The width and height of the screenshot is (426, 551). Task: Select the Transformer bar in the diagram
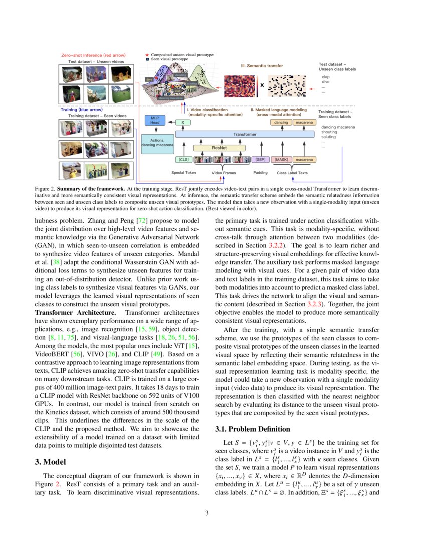click(244, 134)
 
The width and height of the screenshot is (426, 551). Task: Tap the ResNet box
click(219, 148)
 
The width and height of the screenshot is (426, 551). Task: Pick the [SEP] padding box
click(260, 160)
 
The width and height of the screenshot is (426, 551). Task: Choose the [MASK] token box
click(280, 160)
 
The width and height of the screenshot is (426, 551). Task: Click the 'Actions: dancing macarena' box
click(158, 142)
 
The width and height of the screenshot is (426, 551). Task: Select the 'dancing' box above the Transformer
click(280, 122)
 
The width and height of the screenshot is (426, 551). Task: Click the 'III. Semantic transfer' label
click(265, 65)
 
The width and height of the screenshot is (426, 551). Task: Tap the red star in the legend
click(146, 54)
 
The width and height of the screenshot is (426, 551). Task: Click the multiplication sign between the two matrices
click(261, 85)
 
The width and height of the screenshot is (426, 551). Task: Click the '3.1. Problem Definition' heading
click(252, 429)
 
